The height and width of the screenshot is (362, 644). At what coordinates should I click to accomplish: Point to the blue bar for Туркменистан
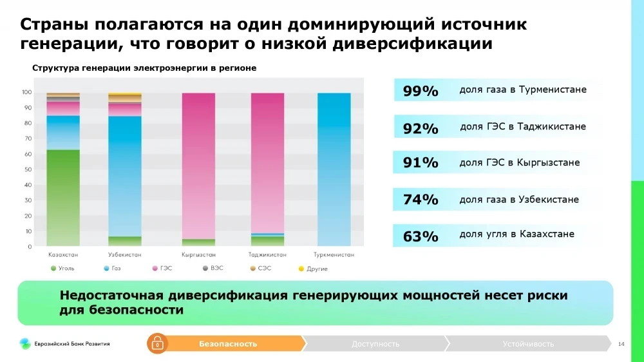tap(334, 169)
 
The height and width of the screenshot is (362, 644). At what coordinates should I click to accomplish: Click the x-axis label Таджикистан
tap(267, 255)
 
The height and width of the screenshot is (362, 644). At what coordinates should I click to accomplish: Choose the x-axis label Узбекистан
tap(124, 255)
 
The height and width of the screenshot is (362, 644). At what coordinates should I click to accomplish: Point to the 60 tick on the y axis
tap(28, 154)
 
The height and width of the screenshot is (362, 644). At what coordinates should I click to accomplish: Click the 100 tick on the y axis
tap(26, 92)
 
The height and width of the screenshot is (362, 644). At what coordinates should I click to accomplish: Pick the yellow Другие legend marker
tap(301, 268)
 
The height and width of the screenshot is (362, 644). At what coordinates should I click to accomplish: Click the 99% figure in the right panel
tap(421, 91)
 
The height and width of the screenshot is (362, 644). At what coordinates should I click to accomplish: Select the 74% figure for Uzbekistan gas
tap(421, 200)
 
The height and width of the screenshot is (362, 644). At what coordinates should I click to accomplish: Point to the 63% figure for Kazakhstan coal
tap(421, 236)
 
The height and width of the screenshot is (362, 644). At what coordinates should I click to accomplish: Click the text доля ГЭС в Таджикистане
tap(523, 127)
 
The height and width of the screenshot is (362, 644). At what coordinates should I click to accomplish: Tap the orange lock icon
tap(156, 344)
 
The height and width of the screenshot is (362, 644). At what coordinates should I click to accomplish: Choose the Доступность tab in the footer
tap(375, 344)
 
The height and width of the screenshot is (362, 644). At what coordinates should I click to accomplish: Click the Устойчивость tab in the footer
tap(528, 344)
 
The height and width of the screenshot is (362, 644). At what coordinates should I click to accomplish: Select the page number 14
tap(621, 344)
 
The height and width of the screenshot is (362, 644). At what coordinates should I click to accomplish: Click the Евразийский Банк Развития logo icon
tap(24, 343)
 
